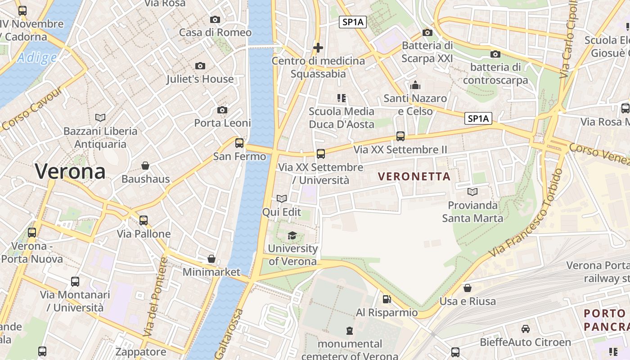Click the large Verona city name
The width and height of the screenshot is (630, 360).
[x=70, y=171]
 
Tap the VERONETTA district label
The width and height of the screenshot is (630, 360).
[x=414, y=176]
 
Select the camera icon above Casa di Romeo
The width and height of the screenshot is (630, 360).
[x=215, y=19]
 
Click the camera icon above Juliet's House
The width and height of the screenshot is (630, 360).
[x=200, y=66]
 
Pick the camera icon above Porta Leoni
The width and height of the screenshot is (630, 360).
[x=222, y=110]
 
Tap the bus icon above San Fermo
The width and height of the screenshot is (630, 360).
[x=239, y=143]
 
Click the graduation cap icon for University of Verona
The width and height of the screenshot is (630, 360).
[x=292, y=235]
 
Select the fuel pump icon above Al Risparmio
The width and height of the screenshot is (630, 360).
[x=387, y=299]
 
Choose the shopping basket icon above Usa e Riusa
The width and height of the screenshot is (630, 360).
[x=468, y=288]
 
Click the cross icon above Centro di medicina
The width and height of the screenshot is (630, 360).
[x=318, y=47]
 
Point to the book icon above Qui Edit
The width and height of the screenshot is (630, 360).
[x=282, y=198]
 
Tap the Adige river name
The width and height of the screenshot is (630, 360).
[x=37, y=58]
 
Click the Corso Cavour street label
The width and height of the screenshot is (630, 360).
[x=31, y=108]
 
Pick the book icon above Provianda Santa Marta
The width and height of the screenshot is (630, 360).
[x=472, y=192]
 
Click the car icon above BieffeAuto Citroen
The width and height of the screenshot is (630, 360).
[x=525, y=329]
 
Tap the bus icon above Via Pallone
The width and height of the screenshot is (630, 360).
[x=144, y=220]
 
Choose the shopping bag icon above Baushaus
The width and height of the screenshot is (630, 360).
[x=145, y=166]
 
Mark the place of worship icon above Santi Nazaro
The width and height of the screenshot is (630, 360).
[x=415, y=85]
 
